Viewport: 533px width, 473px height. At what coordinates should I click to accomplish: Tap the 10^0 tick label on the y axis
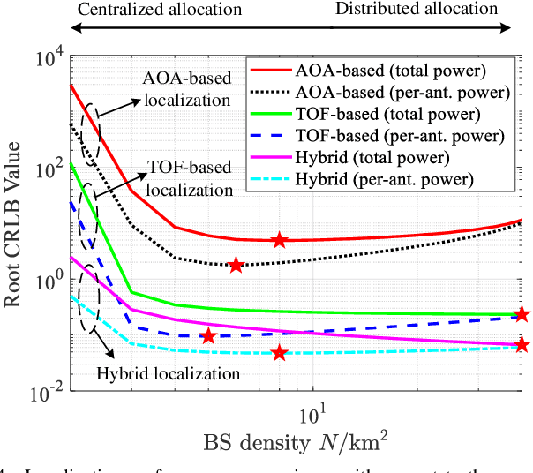coord(45,281)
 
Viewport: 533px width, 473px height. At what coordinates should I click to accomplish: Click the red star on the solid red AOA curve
coord(279,240)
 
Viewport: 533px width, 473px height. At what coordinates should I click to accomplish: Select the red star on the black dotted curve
coord(236,265)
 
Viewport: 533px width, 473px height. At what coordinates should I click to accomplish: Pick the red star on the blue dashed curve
coord(208,336)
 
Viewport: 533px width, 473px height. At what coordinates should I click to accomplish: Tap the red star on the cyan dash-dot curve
coord(279,353)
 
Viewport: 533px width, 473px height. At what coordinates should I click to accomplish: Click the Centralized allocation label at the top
coord(160,11)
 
